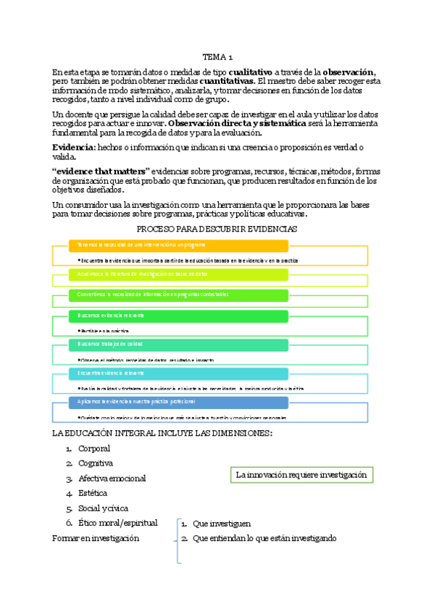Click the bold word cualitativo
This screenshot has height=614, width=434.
pos(250,72)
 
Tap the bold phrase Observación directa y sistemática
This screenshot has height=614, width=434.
pos(236,123)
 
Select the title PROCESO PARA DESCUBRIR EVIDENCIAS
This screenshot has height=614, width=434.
pos(217,229)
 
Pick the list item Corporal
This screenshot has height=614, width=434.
pos(94,449)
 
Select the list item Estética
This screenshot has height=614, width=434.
pos(93,493)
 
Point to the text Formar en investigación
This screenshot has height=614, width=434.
pos(96,538)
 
